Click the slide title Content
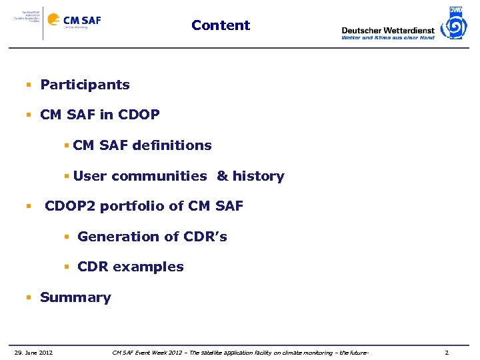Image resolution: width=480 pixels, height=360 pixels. pos(221,25)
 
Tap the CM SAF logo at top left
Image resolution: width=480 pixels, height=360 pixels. pos(81,21)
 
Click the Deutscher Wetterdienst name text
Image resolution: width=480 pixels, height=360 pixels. pos(387,30)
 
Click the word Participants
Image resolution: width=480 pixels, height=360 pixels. pos(85,85)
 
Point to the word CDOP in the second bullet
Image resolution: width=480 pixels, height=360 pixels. pos(139,115)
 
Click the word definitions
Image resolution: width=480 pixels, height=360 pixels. pos(172,145)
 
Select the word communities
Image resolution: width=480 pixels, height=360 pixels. pos(159,177)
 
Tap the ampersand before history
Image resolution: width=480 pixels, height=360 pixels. pos(222,177)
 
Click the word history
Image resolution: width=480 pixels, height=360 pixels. pos(259,177)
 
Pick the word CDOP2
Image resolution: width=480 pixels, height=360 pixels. pos(71,207)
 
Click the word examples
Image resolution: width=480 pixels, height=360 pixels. pos(148,267)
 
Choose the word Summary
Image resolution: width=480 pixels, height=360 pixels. pos(75,297)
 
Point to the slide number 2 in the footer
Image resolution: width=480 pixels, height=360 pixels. pos(447,352)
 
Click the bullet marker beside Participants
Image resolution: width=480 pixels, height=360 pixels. pos(29,85)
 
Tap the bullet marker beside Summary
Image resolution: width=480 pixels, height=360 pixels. pos(29,298)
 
